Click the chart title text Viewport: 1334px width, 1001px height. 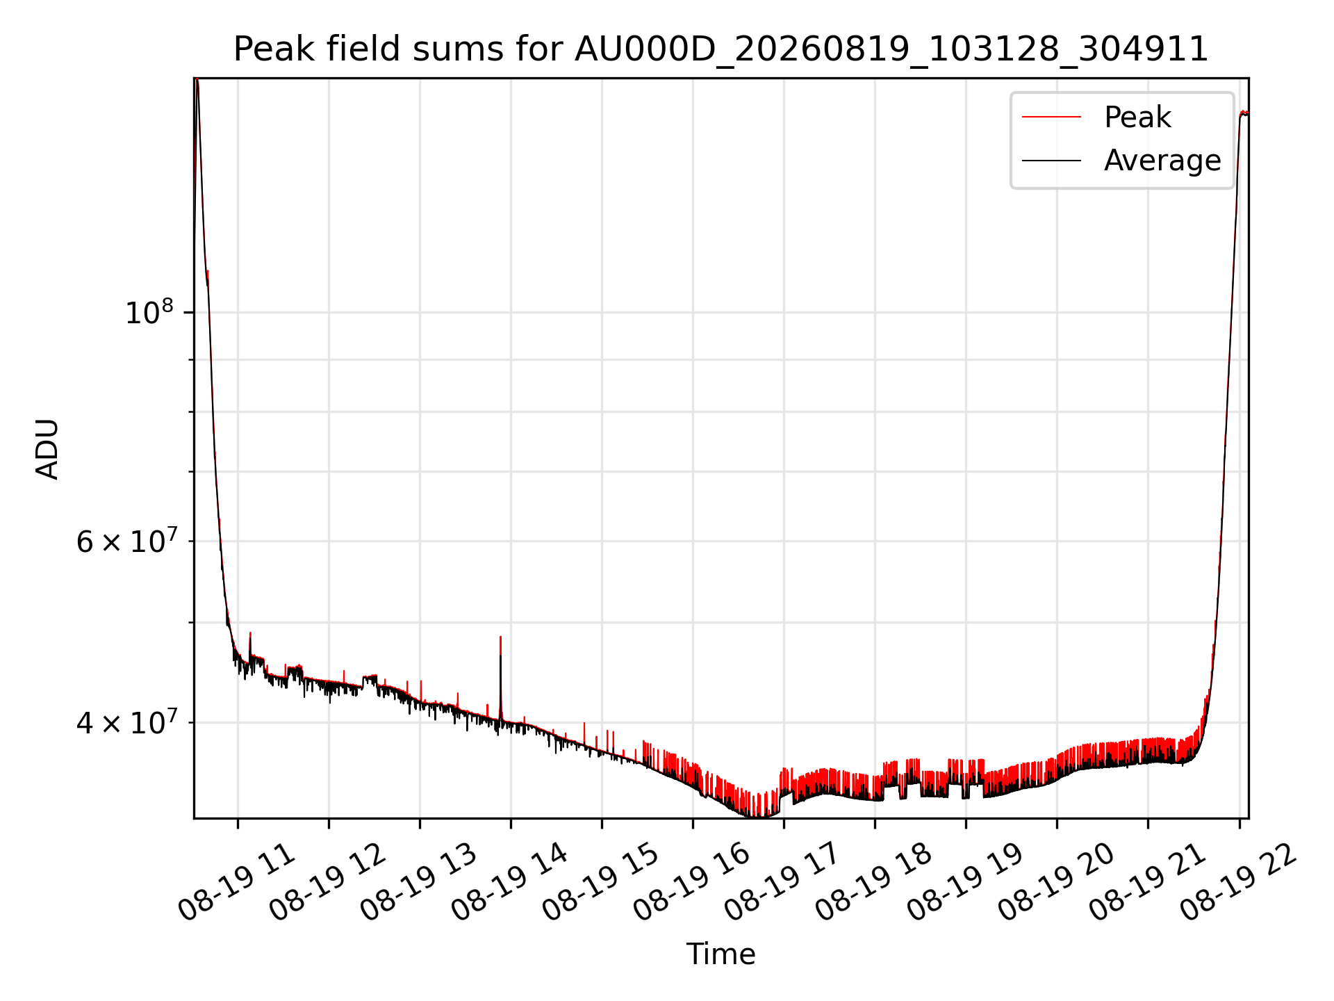[720, 49]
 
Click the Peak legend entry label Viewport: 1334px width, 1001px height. [1137, 117]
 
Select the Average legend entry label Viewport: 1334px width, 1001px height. [1162, 161]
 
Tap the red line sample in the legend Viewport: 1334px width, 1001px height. [1051, 117]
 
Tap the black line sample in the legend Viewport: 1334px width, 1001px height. [1051, 161]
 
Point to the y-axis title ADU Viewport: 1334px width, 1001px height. [47, 448]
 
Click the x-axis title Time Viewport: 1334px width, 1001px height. [720, 954]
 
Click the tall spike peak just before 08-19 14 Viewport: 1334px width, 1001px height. [500, 637]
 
